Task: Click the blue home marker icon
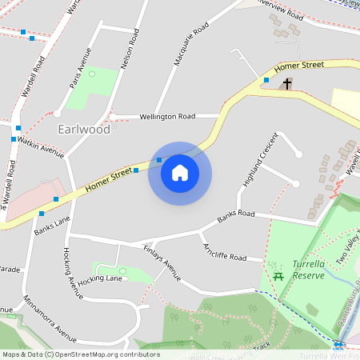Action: [180, 173]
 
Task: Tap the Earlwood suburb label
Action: [84, 129]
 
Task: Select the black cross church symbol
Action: [287, 83]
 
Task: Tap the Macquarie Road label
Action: [191, 45]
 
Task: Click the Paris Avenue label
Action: [81, 72]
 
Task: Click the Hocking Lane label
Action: [100, 278]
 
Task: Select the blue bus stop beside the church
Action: [266, 80]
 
